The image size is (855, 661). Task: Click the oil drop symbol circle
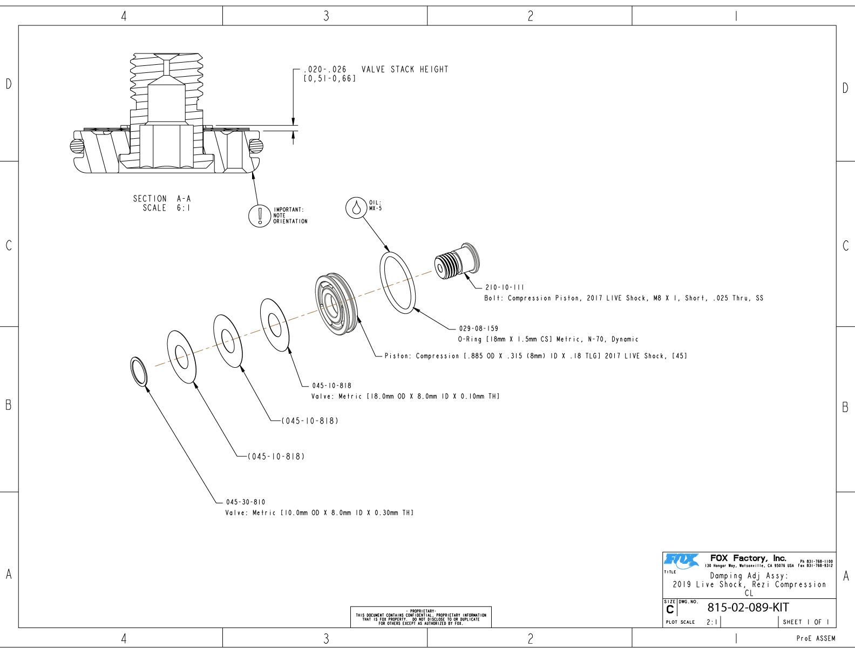tap(356, 207)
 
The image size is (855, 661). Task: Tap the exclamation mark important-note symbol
tap(260, 215)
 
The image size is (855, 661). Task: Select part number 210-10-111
tap(504, 288)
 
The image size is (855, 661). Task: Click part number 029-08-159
tap(478, 328)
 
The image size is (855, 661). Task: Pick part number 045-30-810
tap(246, 502)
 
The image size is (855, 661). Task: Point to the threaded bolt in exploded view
tap(457, 261)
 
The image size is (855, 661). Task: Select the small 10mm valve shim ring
tap(139, 372)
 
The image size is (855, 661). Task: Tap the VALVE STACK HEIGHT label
tap(404, 70)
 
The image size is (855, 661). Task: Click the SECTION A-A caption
tap(162, 203)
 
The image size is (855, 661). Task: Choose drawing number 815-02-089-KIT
tap(748, 608)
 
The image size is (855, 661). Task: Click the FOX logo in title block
tap(681, 561)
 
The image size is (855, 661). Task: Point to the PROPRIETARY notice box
tap(420, 617)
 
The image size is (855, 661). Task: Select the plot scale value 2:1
tap(712, 622)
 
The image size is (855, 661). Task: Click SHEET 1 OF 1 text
tap(806, 622)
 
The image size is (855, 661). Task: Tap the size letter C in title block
tap(670, 610)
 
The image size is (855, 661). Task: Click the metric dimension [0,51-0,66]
tap(329, 79)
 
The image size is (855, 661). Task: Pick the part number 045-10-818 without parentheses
tap(331, 386)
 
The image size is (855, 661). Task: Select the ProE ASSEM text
tap(816, 639)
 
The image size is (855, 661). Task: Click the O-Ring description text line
tap(548, 340)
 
